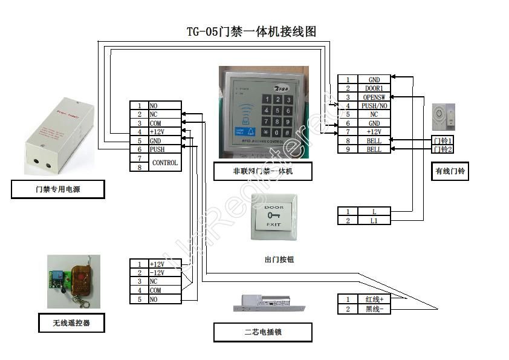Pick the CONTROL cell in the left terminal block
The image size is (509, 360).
(x=164, y=163)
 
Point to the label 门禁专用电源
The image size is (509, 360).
(x=58, y=190)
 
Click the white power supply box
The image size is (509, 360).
(x=59, y=133)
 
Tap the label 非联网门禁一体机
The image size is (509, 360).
(x=263, y=171)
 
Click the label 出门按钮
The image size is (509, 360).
(x=279, y=259)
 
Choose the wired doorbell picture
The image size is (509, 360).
(x=444, y=116)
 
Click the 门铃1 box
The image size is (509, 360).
(x=443, y=140)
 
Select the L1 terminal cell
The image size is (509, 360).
(x=374, y=221)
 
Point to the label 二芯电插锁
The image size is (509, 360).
(x=263, y=332)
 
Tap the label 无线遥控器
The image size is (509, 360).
(x=71, y=323)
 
